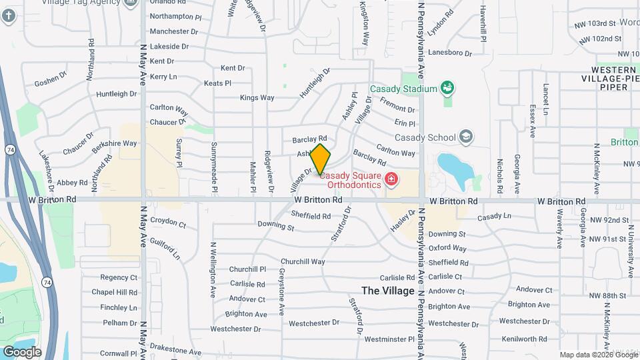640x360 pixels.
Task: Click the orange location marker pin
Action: (321, 159)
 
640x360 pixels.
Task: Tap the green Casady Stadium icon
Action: (448, 89)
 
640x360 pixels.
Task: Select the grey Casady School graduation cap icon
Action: (466, 138)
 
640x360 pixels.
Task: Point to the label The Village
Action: (389, 291)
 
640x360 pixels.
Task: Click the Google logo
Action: (22, 352)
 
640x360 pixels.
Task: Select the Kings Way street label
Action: (257, 98)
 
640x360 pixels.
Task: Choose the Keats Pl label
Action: (217, 83)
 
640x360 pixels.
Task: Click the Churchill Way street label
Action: (303, 262)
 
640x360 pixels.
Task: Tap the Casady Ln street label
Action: (493, 216)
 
